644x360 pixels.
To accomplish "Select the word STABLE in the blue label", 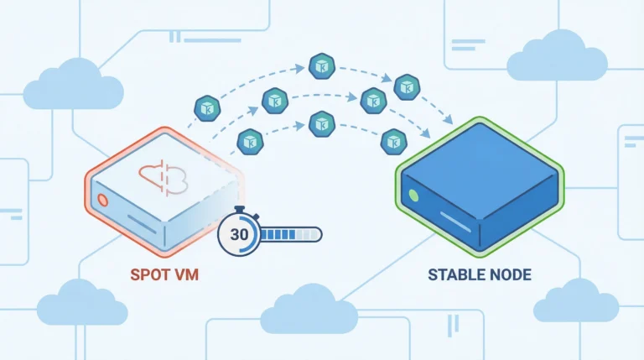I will pyautogui.click(x=459, y=275).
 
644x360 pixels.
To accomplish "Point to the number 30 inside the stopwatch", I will pyautogui.click(x=238, y=234).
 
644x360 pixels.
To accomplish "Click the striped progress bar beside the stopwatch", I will pyautogui.click(x=289, y=234).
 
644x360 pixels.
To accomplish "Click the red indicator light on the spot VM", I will pyautogui.click(x=104, y=200).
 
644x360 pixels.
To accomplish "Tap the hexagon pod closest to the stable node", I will pyautogui.click(x=392, y=142).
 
